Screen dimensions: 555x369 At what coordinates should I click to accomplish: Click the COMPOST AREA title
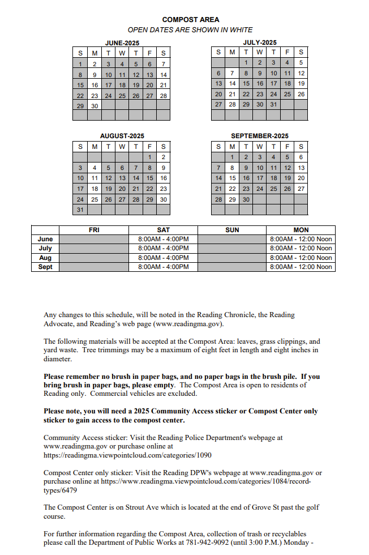pyautogui.click(x=190, y=20)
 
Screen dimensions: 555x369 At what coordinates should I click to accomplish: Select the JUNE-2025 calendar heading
pyautogui.click(x=122, y=43)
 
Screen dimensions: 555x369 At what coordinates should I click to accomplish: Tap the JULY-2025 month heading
pyautogui.click(x=259, y=42)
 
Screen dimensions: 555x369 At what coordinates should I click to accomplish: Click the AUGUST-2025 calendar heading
pyautogui.click(x=122, y=136)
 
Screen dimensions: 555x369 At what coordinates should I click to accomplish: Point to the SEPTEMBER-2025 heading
pyautogui.click(x=259, y=136)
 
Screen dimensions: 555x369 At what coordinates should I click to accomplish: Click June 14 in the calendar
pyautogui.click(x=163, y=74)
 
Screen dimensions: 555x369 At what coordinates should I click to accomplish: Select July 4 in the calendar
pyautogui.click(x=287, y=63)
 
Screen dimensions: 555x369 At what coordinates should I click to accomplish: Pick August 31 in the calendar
pyautogui.click(x=80, y=210)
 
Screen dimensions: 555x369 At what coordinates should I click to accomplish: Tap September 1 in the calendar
pyautogui.click(x=232, y=157)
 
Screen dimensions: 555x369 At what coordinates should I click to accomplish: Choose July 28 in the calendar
pyautogui.click(x=232, y=105)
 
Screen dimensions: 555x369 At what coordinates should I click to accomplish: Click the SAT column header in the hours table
pyautogui.click(x=163, y=230)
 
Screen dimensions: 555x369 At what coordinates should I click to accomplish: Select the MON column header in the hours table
pyautogui.click(x=301, y=230)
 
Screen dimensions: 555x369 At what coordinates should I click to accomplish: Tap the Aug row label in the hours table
pyautogui.click(x=45, y=258)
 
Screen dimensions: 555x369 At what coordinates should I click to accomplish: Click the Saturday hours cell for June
pyautogui.click(x=163, y=239)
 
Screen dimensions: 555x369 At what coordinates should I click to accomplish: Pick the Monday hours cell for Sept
pyautogui.click(x=301, y=267)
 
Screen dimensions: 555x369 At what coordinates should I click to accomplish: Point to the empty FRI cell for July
pyautogui.click(x=95, y=248)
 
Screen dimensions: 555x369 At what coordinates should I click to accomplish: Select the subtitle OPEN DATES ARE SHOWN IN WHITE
pyautogui.click(x=190, y=30)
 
